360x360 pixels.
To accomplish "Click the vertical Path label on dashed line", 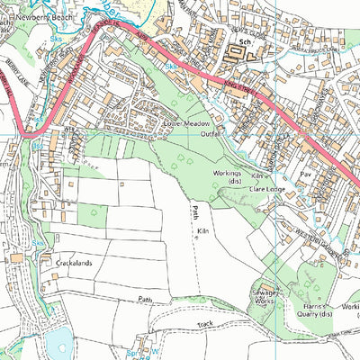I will (x=194, y=212).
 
